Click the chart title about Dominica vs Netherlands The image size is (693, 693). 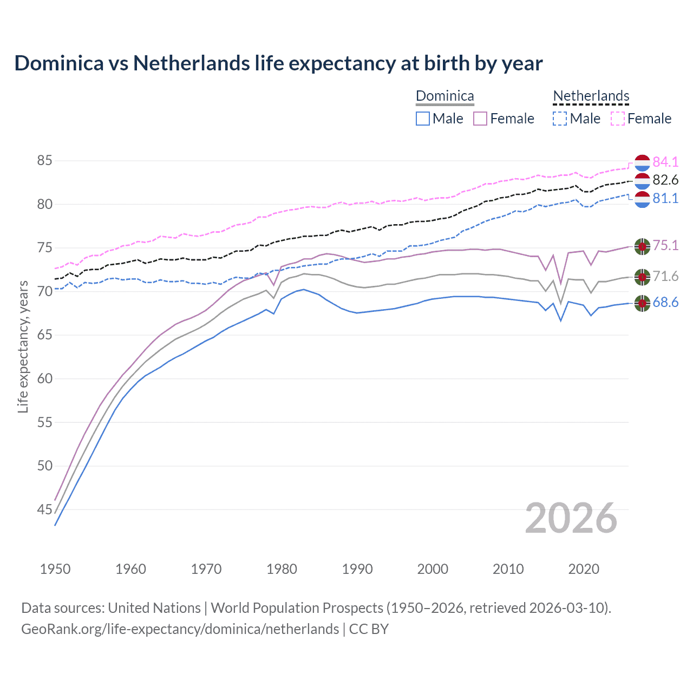click(x=278, y=63)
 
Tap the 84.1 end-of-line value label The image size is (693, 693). click(x=665, y=162)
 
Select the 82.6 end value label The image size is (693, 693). click(x=665, y=180)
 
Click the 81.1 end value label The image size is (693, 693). click(x=665, y=198)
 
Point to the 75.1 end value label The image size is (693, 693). click(x=665, y=245)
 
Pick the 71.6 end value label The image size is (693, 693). click(x=665, y=277)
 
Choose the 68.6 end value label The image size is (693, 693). click(x=665, y=302)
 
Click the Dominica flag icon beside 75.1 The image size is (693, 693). click(x=642, y=246)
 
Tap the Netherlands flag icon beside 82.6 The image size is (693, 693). click(x=642, y=181)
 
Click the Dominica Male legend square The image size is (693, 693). click(x=423, y=119)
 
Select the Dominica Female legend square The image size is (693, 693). click(x=480, y=119)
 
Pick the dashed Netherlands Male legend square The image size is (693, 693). click(x=560, y=119)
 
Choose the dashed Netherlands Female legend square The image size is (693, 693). click(x=618, y=119)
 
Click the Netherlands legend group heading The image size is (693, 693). click(x=591, y=96)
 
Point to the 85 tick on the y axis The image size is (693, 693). click(x=45, y=161)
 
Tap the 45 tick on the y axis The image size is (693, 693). click(x=45, y=509)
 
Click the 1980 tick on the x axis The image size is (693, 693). click(x=282, y=569)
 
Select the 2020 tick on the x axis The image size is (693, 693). click(x=584, y=569)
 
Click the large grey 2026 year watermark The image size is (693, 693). click(x=571, y=518)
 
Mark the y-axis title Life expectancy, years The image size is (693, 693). click(x=23, y=346)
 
